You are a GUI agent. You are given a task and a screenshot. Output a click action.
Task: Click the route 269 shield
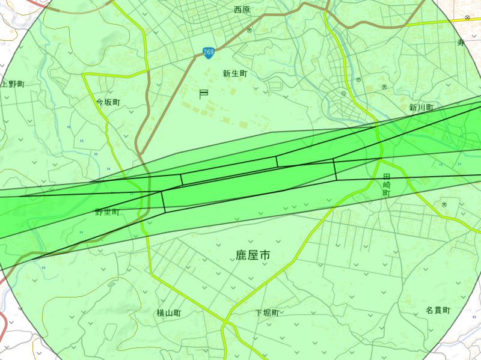click(x=208, y=53)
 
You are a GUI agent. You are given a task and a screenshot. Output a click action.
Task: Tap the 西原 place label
click(x=242, y=10)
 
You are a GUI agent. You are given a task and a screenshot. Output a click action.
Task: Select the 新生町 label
click(x=234, y=74)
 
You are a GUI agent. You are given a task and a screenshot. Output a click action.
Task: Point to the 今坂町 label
click(x=108, y=102)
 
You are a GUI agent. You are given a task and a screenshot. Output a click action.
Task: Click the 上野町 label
click(x=12, y=84)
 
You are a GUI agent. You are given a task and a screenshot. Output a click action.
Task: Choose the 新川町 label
click(x=421, y=108)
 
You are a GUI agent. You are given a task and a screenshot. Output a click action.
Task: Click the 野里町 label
click(x=107, y=212)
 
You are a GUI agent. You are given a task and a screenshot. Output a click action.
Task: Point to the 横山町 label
click(x=169, y=313)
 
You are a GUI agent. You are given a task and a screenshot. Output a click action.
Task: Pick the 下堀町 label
click(x=266, y=313)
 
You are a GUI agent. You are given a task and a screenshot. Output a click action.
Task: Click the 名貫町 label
click(x=438, y=310)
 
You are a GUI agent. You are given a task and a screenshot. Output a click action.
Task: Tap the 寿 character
click(x=461, y=42)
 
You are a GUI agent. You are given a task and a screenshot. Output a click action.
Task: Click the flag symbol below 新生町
click(x=203, y=94)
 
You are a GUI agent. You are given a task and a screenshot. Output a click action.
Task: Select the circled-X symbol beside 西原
click(x=250, y=29)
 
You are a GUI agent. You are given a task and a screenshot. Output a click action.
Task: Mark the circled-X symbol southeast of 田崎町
click(x=444, y=205)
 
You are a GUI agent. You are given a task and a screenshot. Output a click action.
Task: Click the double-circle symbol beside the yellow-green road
click(x=343, y=94)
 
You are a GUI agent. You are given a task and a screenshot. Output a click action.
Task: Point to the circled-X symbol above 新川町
click(x=384, y=88)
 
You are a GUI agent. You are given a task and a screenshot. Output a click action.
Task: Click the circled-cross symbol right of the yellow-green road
click(x=358, y=79)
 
